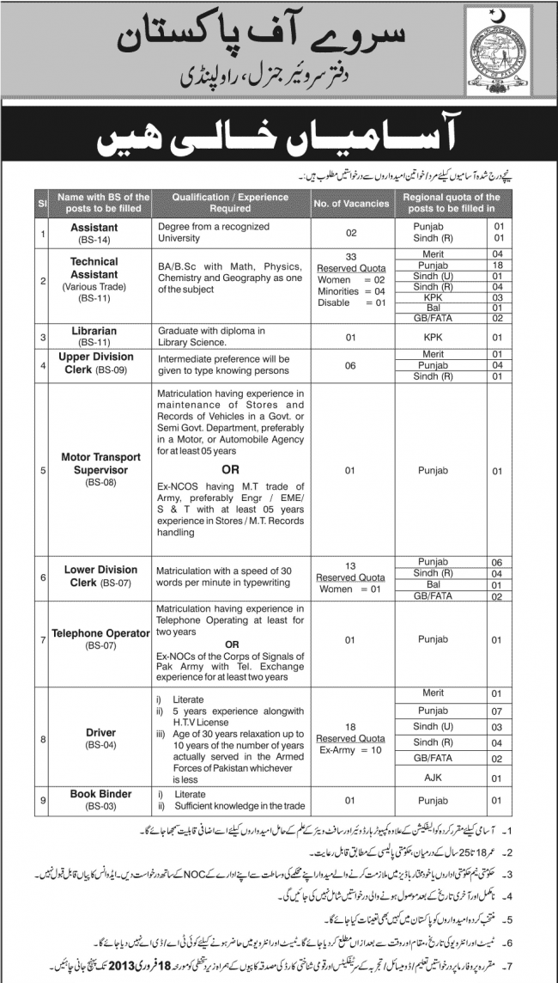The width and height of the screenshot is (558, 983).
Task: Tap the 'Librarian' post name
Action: (x=94, y=330)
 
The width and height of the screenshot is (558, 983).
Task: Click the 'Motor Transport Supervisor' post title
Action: (x=94, y=465)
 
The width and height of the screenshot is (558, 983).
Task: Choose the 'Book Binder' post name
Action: (x=94, y=794)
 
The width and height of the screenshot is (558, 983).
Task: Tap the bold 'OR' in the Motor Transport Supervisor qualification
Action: (x=230, y=470)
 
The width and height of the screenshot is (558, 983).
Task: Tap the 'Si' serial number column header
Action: (x=16, y=203)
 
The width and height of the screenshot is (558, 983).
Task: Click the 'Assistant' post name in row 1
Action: (x=94, y=227)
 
